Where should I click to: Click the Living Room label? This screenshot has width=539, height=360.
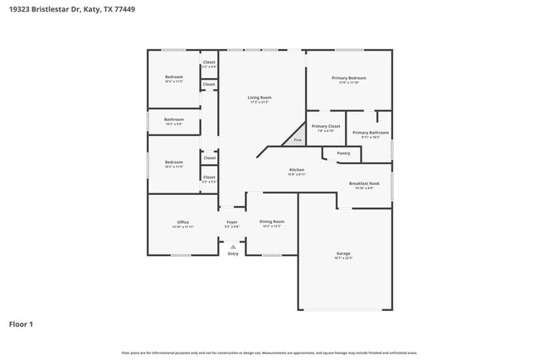click(x=260, y=98)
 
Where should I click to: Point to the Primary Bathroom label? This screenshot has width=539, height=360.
click(x=370, y=133)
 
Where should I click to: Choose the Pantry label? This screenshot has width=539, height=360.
click(x=343, y=153)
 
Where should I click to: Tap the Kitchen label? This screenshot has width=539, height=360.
click(x=297, y=170)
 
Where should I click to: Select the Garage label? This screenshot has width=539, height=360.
click(x=343, y=253)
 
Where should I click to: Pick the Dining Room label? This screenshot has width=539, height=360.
click(x=272, y=221)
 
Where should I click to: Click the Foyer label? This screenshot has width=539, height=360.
click(x=232, y=221)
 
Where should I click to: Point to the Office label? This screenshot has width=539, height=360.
click(x=182, y=221)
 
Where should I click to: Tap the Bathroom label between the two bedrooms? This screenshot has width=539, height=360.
click(x=173, y=119)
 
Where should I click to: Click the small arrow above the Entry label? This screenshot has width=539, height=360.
click(x=233, y=246)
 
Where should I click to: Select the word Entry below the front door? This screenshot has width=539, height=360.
click(x=233, y=254)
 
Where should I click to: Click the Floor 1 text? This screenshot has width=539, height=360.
click(x=21, y=324)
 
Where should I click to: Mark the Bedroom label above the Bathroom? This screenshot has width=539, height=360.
click(x=173, y=77)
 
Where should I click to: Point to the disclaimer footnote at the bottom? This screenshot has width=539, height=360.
click(x=269, y=353)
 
